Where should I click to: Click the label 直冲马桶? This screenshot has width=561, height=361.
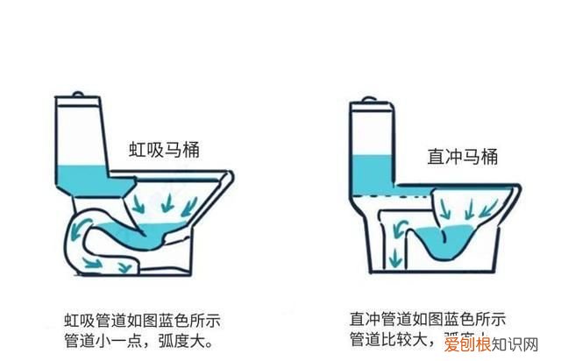pos(462,157)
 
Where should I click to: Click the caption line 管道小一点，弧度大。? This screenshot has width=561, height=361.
pos(138,338)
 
